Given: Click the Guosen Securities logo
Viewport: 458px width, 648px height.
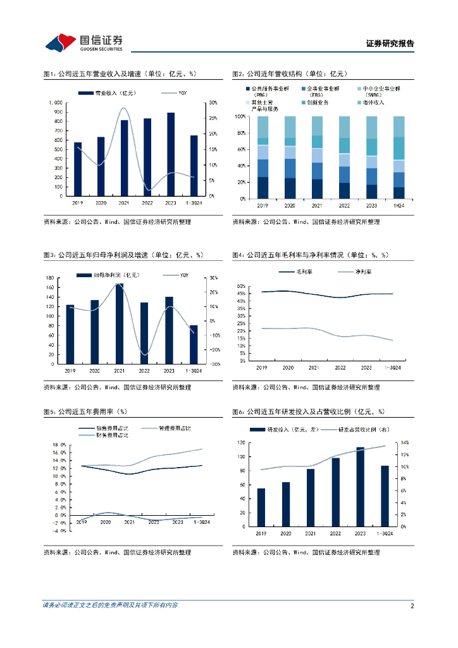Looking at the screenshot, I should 83,42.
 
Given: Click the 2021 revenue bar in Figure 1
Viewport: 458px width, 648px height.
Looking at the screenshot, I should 125,158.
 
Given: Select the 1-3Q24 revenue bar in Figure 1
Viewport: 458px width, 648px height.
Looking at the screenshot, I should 194,166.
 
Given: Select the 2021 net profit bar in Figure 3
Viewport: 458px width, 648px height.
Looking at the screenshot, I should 120,323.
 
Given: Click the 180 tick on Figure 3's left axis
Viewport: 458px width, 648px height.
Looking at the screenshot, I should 49,278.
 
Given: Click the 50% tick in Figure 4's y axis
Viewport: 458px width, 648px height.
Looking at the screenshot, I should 241,286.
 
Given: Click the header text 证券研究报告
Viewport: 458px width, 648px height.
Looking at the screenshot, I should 390,44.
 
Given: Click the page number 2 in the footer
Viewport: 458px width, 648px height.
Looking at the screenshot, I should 412,606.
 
